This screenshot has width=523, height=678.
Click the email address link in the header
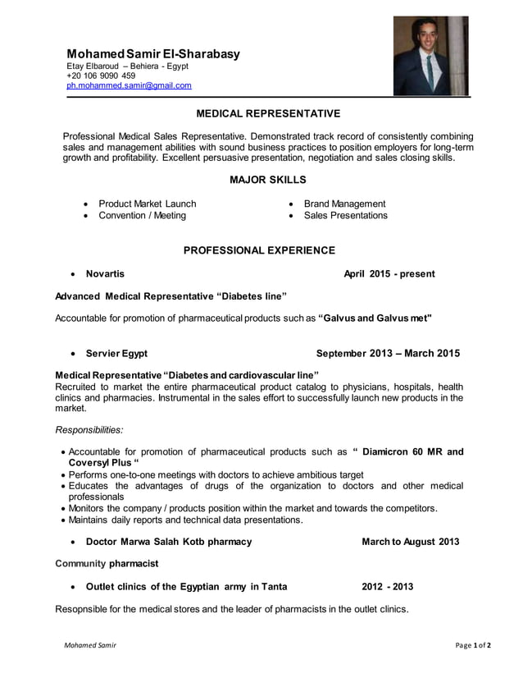point(129,85)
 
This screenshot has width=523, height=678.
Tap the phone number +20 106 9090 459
point(101,75)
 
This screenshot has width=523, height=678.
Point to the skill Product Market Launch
point(147,204)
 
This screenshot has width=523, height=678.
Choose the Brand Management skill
point(344,204)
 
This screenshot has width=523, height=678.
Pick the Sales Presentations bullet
point(345,216)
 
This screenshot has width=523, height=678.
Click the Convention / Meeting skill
point(142,216)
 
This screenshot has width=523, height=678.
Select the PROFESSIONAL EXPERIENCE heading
point(258,250)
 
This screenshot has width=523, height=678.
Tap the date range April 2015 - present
point(389,273)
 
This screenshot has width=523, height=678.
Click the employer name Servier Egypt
point(116,354)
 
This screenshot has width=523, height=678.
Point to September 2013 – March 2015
point(388,354)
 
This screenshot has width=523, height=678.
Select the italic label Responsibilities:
point(89,429)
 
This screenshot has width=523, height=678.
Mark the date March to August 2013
point(410,542)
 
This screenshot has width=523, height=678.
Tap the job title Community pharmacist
point(106,564)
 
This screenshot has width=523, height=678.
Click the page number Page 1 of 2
point(473,646)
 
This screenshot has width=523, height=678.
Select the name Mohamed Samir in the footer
point(90,646)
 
